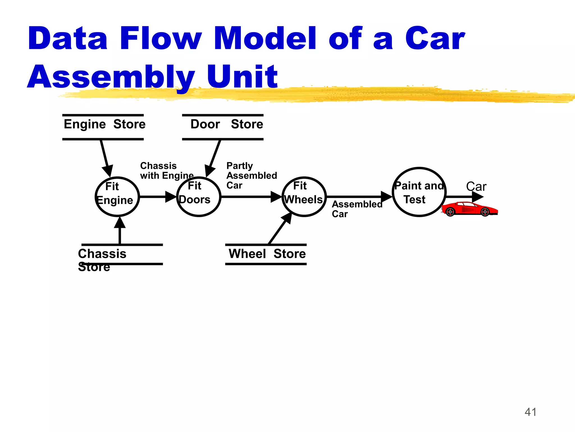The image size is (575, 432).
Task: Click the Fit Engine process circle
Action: (117, 197)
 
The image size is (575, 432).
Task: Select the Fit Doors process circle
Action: (198, 197)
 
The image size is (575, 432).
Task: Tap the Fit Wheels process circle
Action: (304, 197)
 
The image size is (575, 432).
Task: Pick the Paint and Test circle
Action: (419, 192)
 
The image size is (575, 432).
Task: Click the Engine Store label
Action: (104, 124)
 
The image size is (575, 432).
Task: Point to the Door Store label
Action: (226, 124)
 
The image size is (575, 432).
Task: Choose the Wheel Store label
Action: (267, 254)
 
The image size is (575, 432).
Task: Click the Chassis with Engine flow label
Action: (167, 171)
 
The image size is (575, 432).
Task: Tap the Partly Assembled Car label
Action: (251, 175)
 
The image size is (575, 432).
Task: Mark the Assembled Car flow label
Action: (357, 209)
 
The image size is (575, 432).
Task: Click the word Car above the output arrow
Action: (476, 186)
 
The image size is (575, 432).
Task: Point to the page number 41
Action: (530, 412)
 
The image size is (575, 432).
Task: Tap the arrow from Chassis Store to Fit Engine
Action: (120, 231)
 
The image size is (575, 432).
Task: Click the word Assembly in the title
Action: (111, 76)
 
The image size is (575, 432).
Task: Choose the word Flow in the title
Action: (160, 38)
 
